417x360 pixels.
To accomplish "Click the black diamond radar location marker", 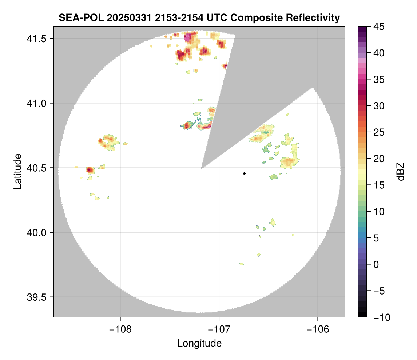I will click(244, 173).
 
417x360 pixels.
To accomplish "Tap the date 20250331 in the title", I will click(123, 18).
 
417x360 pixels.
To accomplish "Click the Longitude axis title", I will click(199, 343).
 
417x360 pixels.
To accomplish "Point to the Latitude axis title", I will click(17, 171).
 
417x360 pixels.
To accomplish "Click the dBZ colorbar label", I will click(401, 171).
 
